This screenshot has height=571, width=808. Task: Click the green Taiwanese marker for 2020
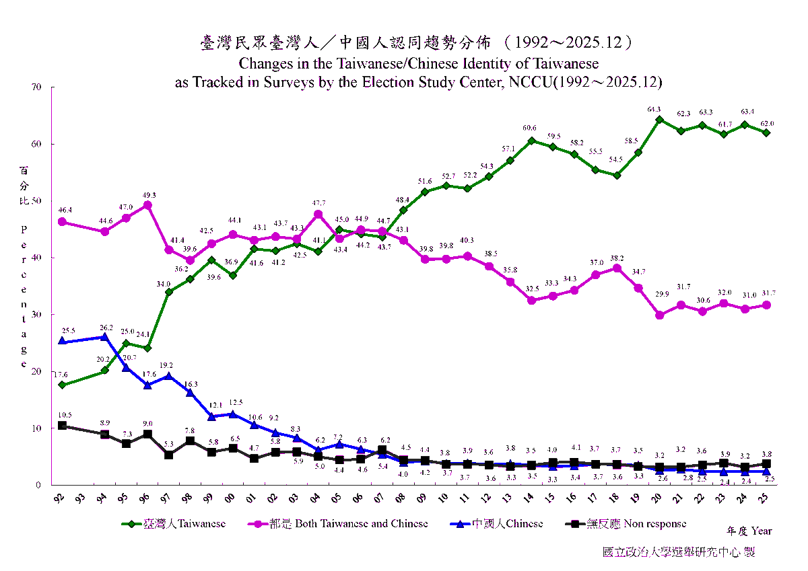pyautogui.click(x=660, y=120)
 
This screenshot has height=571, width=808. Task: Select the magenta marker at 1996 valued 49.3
pyautogui.click(x=147, y=205)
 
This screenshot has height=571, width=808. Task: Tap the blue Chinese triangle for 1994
pyautogui.click(x=104, y=336)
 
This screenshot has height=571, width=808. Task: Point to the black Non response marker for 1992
pyautogui.click(x=62, y=426)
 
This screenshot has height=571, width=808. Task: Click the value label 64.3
pyautogui.click(x=654, y=109)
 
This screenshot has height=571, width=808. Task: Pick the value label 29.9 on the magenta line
pyautogui.click(x=662, y=295)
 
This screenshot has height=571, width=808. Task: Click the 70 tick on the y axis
pyautogui.click(x=36, y=87)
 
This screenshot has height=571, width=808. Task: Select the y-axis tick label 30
pyautogui.click(x=36, y=315)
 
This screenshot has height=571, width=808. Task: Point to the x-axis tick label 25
pyautogui.click(x=766, y=498)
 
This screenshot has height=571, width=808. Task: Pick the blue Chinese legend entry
pyautogui.click(x=499, y=523)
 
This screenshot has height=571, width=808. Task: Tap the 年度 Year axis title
pyautogui.click(x=749, y=531)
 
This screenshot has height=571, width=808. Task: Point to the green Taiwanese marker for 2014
pyautogui.click(x=531, y=141)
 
